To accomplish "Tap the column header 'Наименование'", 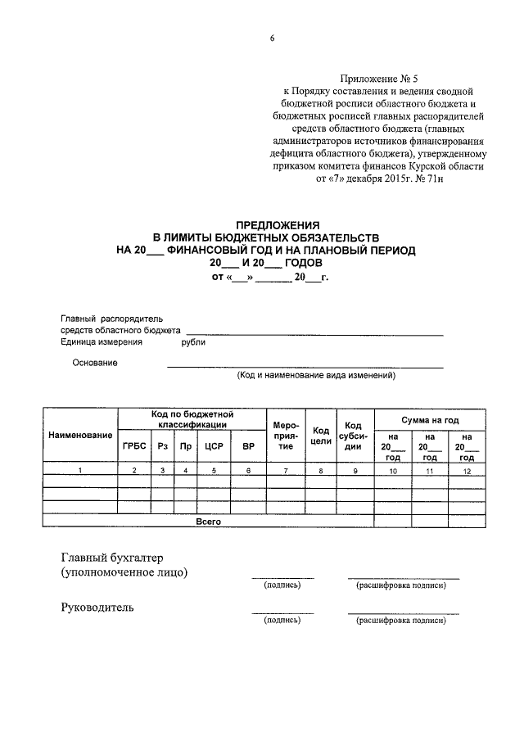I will pyautogui.click(x=79, y=434).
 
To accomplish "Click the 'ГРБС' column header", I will pyautogui.click(x=134, y=446).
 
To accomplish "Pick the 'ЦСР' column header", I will pyautogui.click(x=214, y=446).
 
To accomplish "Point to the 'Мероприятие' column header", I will pyautogui.click(x=286, y=436).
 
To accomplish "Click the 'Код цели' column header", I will pyautogui.click(x=321, y=436).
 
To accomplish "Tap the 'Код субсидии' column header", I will pyautogui.click(x=354, y=436).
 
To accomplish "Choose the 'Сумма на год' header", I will pyautogui.click(x=429, y=419).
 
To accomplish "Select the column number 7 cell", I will pyautogui.click(x=286, y=471).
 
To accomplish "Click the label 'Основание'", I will pyautogui.click(x=95, y=363).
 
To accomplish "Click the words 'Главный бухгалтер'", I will pyautogui.click(x=113, y=557).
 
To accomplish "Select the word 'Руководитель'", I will pyautogui.click(x=97, y=608).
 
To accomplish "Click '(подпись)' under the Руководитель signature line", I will pyautogui.click(x=282, y=621).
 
